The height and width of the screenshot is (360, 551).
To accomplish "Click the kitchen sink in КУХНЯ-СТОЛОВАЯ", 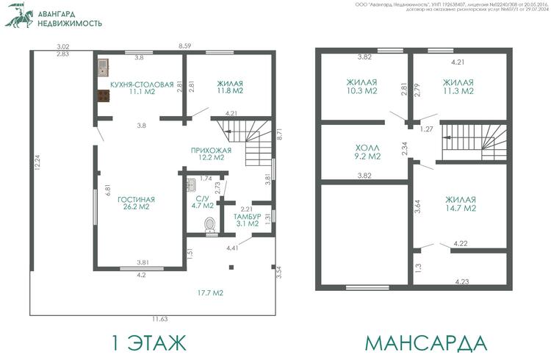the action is pos(103,68).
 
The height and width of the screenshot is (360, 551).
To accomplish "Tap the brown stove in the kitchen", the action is pos(104,96).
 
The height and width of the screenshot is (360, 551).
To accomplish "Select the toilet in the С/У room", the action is pos(210,225).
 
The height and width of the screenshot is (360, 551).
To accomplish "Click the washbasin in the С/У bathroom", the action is pos(191,185).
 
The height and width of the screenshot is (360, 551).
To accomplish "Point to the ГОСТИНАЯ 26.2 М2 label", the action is pos(137,203).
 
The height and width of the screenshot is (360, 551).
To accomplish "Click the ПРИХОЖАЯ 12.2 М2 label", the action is pos(211,154).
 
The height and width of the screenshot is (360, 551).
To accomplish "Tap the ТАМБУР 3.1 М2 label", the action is pos(248,220).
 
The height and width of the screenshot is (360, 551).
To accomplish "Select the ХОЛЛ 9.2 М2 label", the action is pos(367,152).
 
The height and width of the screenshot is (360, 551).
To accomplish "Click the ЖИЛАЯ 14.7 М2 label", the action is pos(461,204).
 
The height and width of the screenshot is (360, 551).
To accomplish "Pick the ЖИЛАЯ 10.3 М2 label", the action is pos(362,87).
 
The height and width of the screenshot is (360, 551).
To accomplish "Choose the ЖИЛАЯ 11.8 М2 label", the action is pos(230,87).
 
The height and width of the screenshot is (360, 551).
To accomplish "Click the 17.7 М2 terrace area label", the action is pos(210,293).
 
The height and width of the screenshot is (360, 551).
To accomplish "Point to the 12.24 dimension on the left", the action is pos(37,163).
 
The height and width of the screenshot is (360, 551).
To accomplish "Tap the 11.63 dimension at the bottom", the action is pos(160,319).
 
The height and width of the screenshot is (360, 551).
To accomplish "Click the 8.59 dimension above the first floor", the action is pos(185,46).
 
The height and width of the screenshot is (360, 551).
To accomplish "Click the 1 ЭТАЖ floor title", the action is pos(149,342).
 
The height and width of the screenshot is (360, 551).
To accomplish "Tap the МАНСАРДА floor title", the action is pos(426,343).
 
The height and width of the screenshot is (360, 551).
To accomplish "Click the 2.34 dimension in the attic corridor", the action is pos(405,148).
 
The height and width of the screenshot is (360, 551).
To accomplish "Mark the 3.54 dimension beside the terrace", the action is pos(279,273).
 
